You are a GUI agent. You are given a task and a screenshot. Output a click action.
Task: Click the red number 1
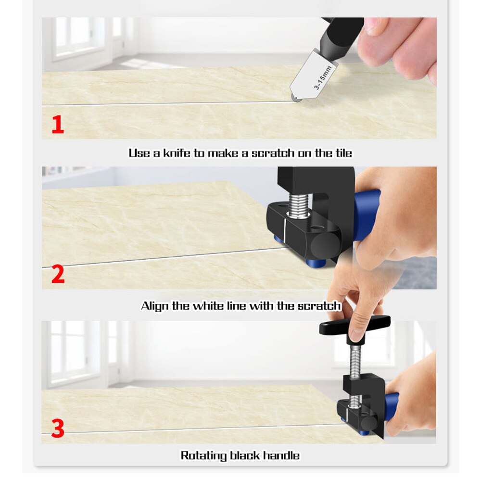point(58,125)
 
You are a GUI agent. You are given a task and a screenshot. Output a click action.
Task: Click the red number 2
point(58,274)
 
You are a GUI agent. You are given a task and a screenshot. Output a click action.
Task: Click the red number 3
point(58,429)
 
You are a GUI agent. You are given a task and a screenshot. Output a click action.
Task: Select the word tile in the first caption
point(343,153)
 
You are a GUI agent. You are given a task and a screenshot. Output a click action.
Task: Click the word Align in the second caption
point(154,306)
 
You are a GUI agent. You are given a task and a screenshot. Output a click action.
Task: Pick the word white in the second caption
point(209,306)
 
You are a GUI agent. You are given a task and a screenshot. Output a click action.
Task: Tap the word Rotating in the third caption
point(201,456)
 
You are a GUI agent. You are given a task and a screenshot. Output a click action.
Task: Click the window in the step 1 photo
point(77,38)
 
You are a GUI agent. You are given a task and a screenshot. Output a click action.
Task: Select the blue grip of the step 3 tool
point(391,406)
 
